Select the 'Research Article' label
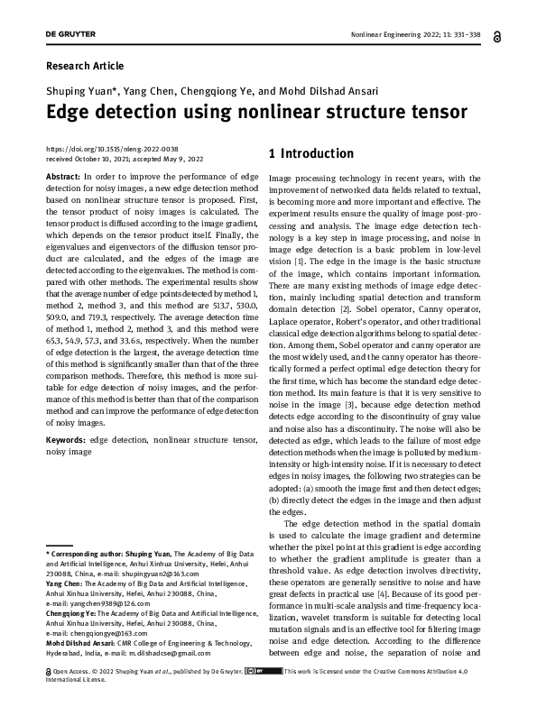pos(84,66)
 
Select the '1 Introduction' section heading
pos(311,153)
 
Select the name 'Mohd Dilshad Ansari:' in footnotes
pos(82,644)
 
